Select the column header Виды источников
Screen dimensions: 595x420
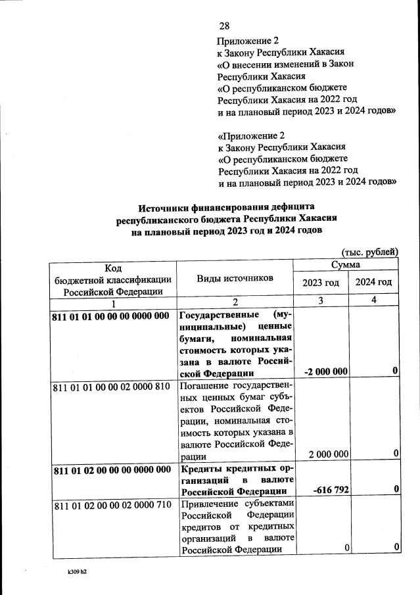235,278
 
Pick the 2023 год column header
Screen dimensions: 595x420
321,283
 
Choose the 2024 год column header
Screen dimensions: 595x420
373,283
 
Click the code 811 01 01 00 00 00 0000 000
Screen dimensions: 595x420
111,315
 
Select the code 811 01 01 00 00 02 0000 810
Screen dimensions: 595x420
111,387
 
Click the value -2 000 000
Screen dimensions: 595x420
326,371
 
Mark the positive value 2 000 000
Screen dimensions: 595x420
327,454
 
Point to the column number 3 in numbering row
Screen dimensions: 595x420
321,302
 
